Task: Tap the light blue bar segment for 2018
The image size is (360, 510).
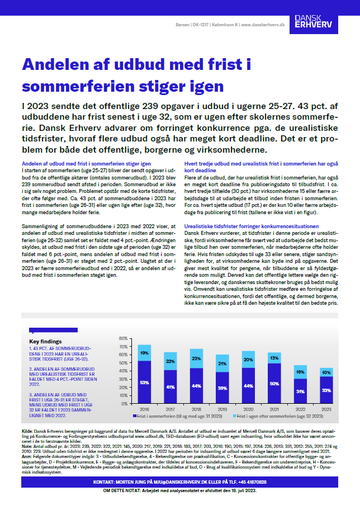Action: point(196,358)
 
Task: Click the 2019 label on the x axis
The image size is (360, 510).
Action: point(222,417)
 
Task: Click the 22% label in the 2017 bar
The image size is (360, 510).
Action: point(170,361)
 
